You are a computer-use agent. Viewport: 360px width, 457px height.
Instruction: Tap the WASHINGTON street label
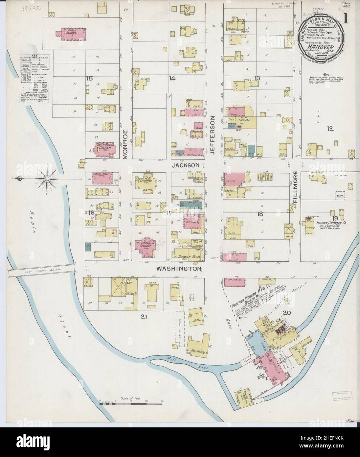click(x=178, y=269)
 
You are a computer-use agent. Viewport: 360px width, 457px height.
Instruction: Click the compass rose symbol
click(x=46, y=179)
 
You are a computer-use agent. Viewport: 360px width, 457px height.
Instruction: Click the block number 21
click(x=144, y=317)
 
